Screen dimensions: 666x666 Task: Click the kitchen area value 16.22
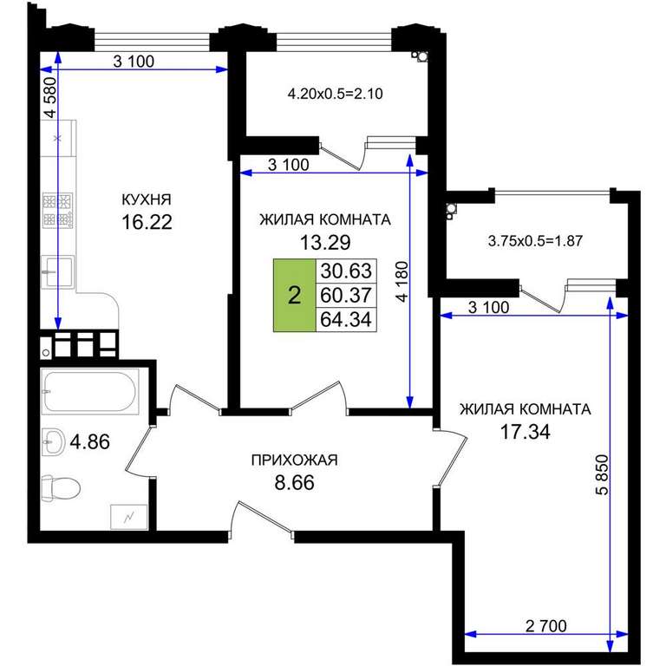point(147,222)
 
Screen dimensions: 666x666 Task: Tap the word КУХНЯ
point(147,199)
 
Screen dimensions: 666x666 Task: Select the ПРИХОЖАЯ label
point(294,460)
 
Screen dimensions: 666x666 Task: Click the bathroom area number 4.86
point(89,441)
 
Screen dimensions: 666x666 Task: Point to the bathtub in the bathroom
point(90,391)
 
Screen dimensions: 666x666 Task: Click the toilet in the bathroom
point(62,488)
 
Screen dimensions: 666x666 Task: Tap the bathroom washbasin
point(53,442)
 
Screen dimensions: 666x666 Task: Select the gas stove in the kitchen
point(58,210)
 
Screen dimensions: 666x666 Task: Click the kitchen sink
point(57,271)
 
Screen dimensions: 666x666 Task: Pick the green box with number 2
point(294,295)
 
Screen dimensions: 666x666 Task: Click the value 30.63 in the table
point(346,271)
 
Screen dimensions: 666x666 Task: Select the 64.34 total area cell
point(346,319)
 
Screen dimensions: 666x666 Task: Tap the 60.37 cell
point(346,295)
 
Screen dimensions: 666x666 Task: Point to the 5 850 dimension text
point(602,475)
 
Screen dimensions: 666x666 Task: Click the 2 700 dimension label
point(545,626)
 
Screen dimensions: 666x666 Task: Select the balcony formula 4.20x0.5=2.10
point(335,94)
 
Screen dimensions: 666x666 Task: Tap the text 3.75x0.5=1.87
point(535,241)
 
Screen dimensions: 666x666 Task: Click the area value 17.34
point(525,432)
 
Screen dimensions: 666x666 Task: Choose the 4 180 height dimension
point(402,281)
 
